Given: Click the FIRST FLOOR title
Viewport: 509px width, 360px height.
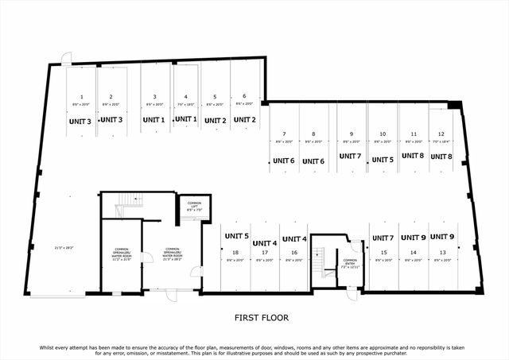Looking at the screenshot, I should (x=261, y=318).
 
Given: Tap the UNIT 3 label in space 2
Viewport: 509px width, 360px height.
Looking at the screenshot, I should (x=111, y=121).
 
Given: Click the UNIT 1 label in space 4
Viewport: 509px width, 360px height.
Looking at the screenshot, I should (x=185, y=119).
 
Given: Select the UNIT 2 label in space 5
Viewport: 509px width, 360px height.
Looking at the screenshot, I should (x=215, y=121).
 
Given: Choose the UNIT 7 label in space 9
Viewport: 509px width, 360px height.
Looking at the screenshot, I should (x=350, y=156).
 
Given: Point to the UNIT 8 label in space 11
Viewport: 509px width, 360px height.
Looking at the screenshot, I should (x=411, y=156).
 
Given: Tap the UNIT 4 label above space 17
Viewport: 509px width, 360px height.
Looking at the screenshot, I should (x=265, y=242).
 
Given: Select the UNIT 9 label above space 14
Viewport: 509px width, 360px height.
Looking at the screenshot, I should (x=413, y=237).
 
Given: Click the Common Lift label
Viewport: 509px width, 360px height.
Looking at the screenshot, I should (x=195, y=205).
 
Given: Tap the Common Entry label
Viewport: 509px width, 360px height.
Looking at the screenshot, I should (x=350, y=263).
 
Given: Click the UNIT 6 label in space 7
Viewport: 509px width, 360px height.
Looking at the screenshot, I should (x=284, y=160).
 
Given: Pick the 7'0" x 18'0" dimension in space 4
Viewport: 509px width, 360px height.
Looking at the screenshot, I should (x=185, y=104).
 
